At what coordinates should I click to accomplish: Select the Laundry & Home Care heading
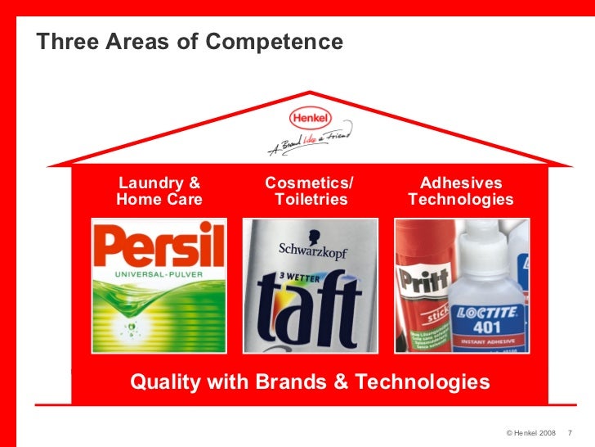point(159,191)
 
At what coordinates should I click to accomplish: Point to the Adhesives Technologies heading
point(460,191)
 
